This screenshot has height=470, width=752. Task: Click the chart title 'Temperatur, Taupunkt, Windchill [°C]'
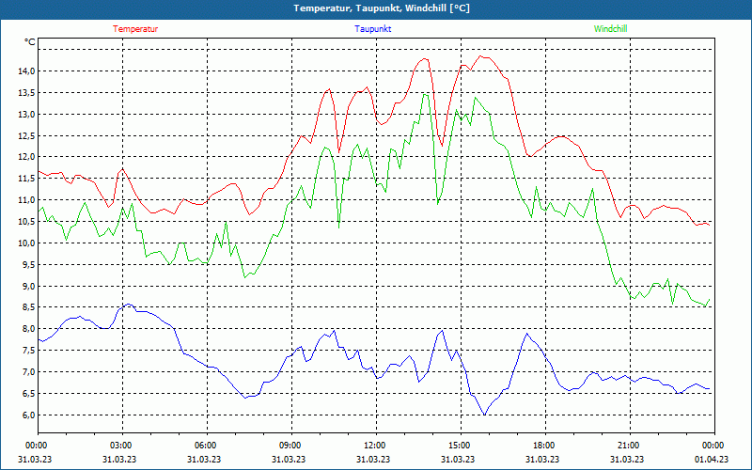[x=382, y=8]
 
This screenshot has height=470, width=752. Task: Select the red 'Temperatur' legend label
[x=135, y=29]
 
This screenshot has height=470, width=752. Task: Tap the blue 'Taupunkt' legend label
[x=373, y=29]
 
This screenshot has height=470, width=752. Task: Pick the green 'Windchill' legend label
[x=610, y=29]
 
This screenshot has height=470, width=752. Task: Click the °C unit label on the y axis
[x=30, y=42]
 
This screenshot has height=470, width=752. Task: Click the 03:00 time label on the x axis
[x=121, y=446]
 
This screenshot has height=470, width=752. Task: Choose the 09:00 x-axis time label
[x=290, y=446]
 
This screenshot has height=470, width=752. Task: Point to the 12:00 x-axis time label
[x=374, y=446]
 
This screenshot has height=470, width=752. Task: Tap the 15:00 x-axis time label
[x=459, y=446]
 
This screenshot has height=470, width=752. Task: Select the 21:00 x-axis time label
[x=628, y=446]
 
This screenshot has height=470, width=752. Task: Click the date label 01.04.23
[x=712, y=460]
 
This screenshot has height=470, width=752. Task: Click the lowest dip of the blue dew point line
[x=484, y=415]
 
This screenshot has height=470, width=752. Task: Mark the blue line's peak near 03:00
[x=128, y=305]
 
